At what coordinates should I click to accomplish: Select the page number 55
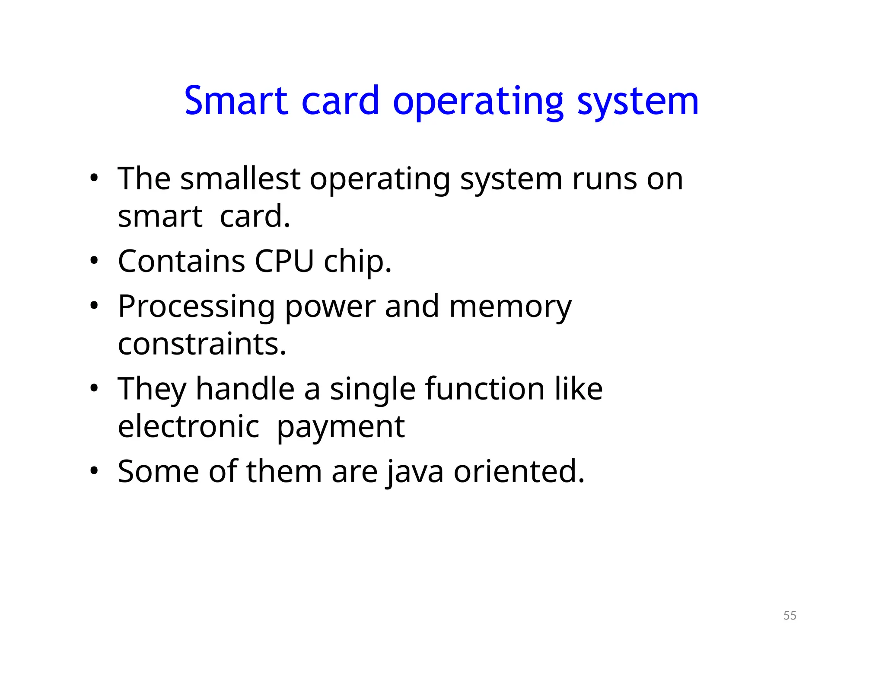[x=789, y=615]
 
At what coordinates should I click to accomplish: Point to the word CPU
[x=284, y=261]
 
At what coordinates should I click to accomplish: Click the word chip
[x=357, y=262]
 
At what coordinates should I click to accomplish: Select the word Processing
[x=196, y=307]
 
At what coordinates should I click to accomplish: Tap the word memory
[x=510, y=307]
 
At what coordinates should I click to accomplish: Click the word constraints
[x=202, y=344]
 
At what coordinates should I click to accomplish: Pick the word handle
[x=245, y=388]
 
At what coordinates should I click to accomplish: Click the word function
[x=485, y=388]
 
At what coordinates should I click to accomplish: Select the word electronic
[x=188, y=426]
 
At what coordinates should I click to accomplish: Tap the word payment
[x=341, y=427]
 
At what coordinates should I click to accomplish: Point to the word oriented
[x=519, y=471]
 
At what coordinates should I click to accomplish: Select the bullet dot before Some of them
[x=94, y=471]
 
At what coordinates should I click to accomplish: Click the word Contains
[x=181, y=261]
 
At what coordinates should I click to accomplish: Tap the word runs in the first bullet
[x=604, y=179]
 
